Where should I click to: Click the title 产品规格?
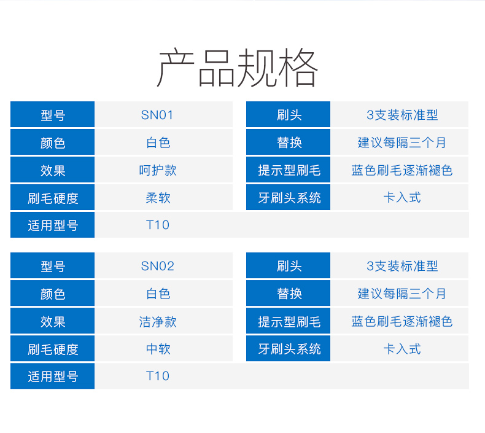tap(238, 67)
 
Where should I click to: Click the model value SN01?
tap(157, 115)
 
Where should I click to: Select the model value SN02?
tap(157, 266)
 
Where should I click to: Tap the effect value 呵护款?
tap(158, 170)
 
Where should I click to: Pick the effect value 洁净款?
tap(158, 322)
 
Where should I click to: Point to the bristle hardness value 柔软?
tap(158, 198)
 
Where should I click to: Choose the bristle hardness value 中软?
tap(158, 349)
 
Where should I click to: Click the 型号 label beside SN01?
tap(53, 115)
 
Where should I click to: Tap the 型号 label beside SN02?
tap(53, 267)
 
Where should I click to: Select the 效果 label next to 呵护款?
tap(53, 171)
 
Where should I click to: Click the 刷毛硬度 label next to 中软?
tap(53, 349)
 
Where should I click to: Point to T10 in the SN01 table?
tap(157, 225)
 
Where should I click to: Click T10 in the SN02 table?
tap(157, 376)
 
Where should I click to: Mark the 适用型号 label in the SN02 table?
tap(53, 376)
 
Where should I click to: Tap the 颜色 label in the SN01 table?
tap(53, 143)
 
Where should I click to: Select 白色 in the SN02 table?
tap(158, 294)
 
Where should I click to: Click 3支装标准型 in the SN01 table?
tap(402, 115)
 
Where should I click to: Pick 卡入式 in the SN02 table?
tap(402, 349)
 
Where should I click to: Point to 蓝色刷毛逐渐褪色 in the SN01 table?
tap(402, 170)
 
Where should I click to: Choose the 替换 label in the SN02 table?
tap(289, 294)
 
